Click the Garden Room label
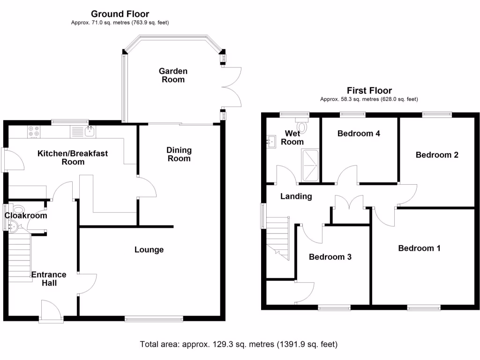coord(173,75)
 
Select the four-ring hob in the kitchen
coord(34,132)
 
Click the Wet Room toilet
coord(304,127)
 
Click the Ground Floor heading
coord(120,14)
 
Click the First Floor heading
coord(369,90)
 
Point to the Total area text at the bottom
coord(239,345)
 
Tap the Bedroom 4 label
coord(359,134)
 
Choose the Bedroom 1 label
coord(419,248)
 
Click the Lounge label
coord(149,250)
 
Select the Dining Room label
coord(179,154)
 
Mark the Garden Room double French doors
coord(232,87)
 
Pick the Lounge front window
coord(154,319)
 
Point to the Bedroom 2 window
coord(437,113)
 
